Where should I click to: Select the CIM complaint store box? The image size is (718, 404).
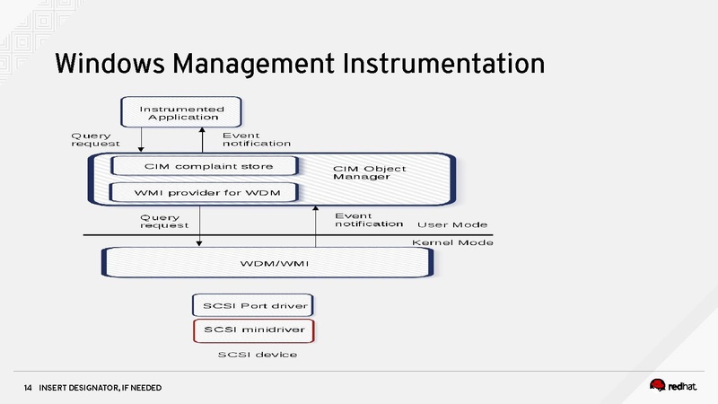[x=203, y=166]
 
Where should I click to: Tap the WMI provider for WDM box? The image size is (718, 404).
[x=203, y=193]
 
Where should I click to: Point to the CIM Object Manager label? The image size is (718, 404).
[x=369, y=172]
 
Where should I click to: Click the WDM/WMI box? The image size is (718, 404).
[x=269, y=262]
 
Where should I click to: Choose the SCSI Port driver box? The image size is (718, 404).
[x=255, y=305]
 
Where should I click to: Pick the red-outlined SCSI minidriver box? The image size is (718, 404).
[x=255, y=330]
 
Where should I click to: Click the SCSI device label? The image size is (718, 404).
[x=258, y=356]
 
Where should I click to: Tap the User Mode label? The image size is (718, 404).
[x=452, y=224]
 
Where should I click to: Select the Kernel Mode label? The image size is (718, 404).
[x=452, y=242]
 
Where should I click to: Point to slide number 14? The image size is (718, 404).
[x=28, y=388]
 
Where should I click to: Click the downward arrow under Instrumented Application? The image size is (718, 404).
[x=142, y=139]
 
